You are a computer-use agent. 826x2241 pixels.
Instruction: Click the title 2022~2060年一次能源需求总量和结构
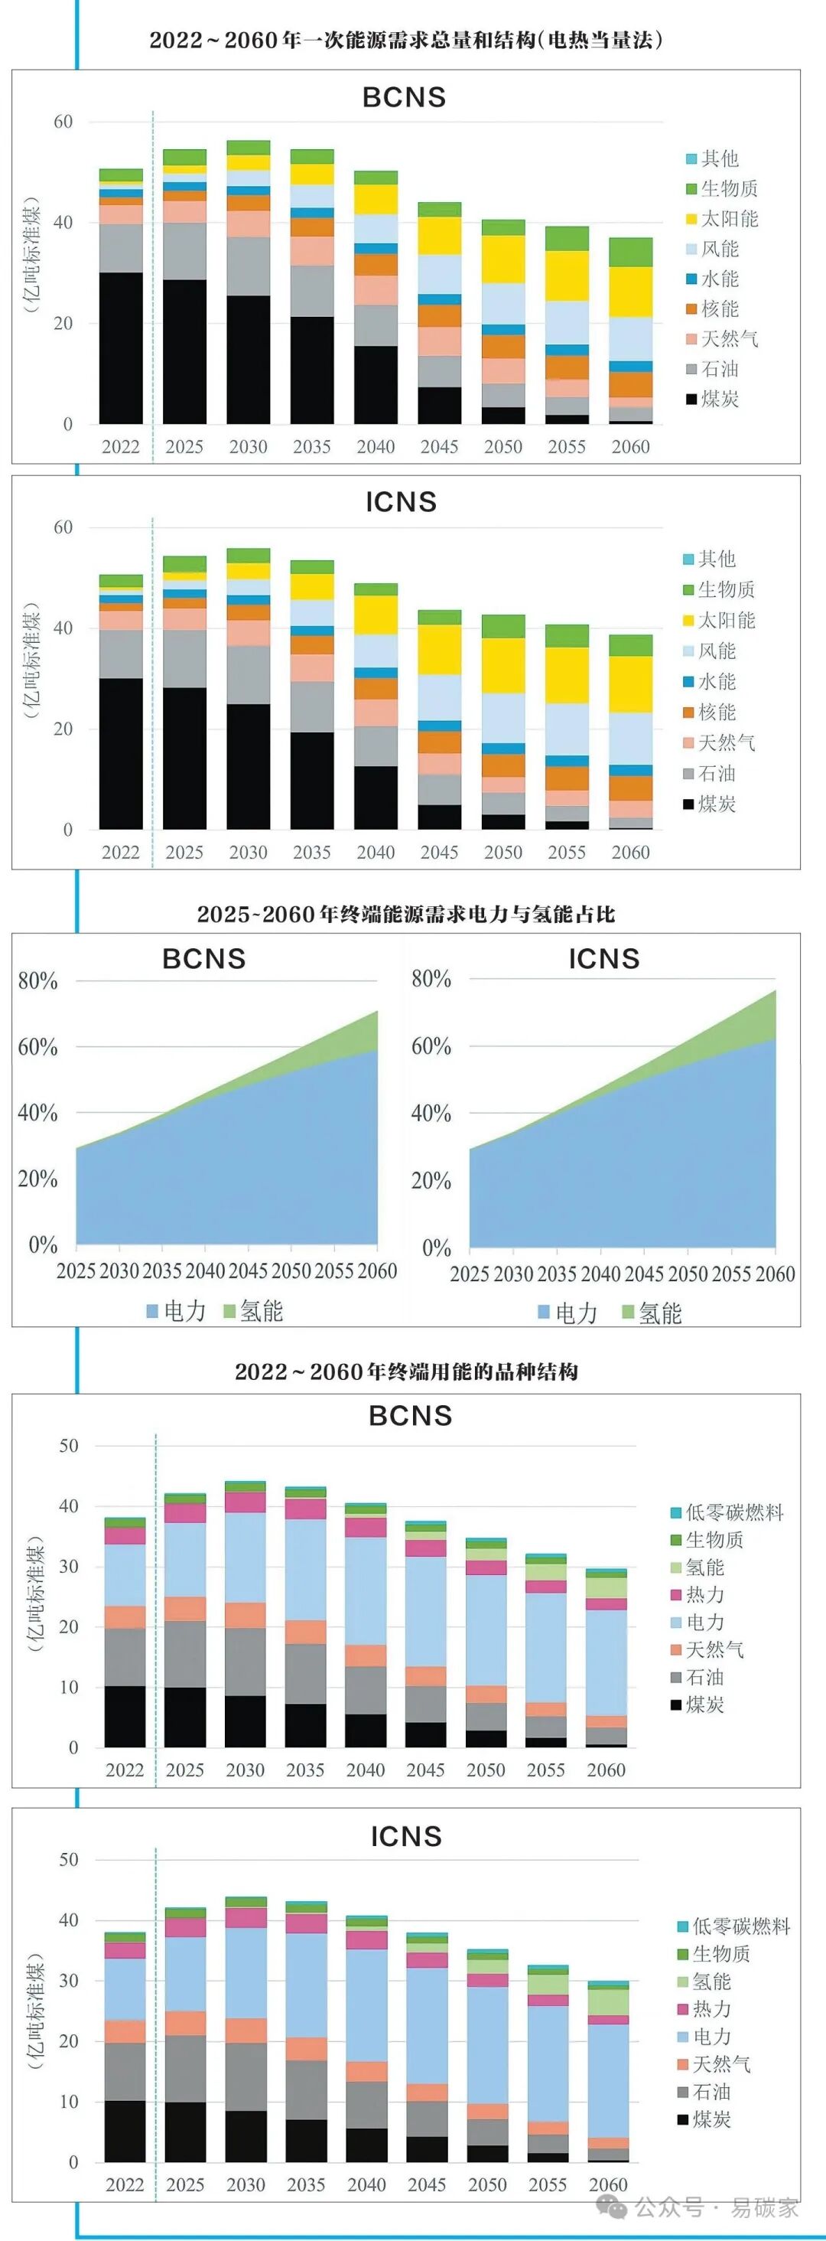[406, 40]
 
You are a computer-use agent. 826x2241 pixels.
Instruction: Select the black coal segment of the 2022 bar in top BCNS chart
[121, 348]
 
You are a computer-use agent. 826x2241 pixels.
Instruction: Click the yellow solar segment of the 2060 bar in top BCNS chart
[630, 292]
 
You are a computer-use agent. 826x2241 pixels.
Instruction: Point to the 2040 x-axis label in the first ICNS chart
[376, 853]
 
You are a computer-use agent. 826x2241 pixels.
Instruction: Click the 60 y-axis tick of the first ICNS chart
[63, 527]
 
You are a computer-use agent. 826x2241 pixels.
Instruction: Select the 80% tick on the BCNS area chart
[37, 981]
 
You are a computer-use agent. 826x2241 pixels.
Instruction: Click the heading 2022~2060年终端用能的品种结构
[406, 1372]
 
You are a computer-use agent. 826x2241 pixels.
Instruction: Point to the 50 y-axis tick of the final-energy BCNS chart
[68, 1446]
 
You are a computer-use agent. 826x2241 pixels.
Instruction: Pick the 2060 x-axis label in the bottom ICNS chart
[608, 2184]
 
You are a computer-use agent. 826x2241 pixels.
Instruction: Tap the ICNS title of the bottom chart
[406, 1836]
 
